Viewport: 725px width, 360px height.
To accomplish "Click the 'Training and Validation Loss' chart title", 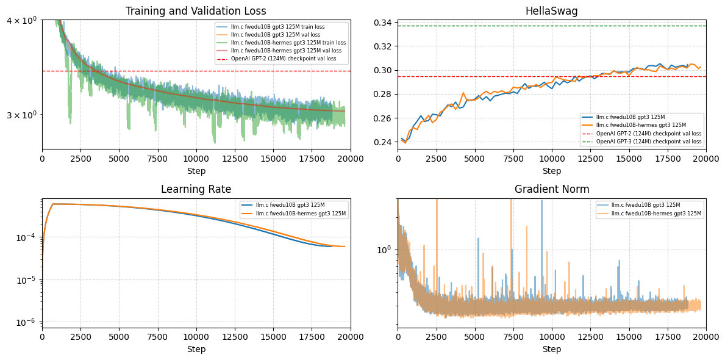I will [196, 11].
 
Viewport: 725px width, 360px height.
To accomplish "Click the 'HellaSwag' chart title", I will [552, 11].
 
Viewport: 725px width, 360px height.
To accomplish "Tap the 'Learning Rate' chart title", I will [196, 189].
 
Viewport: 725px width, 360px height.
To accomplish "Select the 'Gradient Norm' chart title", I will [552, 189].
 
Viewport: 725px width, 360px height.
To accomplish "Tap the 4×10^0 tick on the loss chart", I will [21, 20].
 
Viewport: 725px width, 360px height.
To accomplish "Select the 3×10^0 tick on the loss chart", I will [21, 115].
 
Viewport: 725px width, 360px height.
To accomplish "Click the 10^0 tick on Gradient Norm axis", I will [384, 250].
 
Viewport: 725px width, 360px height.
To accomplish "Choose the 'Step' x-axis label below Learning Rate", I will [196, 349].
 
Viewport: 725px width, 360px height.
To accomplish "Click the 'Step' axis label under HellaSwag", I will [552, 171].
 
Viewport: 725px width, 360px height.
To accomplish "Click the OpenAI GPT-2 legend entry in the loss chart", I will [283, 59].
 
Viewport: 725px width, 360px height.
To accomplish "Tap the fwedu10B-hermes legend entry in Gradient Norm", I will [656, 214].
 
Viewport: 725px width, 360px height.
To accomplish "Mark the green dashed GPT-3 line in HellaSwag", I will [488, 26].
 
